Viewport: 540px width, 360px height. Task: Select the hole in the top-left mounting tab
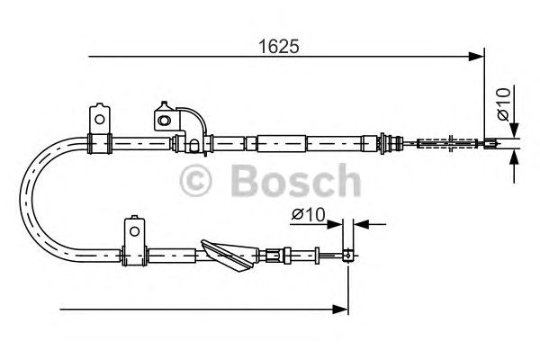pos(100,116)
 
